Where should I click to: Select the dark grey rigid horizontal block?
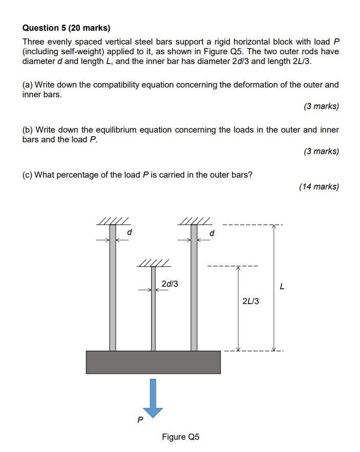tap(153, 362)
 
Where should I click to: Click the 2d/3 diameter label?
tap(170, 284)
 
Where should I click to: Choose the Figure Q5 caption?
tap(180, 437)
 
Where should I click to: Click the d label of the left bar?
tap(130, 233)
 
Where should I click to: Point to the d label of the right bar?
tap(212, 233)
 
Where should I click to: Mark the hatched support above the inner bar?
tap(153, 264)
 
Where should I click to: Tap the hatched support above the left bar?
tap(112, 221)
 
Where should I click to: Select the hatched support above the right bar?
tap(194, 221)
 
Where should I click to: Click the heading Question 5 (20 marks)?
tap(67, 28)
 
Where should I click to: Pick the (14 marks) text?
tap(319, 186)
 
